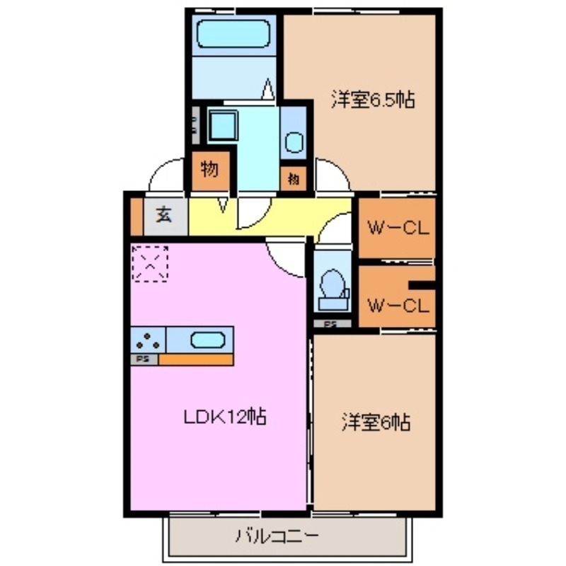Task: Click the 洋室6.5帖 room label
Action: [372, 100]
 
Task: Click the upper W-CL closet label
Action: [398, 229]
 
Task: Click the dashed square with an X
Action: [150, 263]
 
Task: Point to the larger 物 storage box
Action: [209, 170]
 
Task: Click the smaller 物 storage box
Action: [294, 179]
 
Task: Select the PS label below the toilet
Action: [330, 324]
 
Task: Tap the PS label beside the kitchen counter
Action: [143, 359]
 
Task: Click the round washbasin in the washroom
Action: [294, 144]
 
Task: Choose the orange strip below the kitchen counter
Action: [195, 359]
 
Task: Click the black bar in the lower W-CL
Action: [422, 286]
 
